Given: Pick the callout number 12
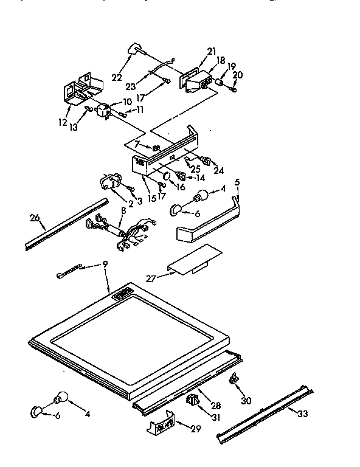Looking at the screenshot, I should point(63,122).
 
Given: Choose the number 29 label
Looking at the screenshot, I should point(195,429).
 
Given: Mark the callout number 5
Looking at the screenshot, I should point(237,182).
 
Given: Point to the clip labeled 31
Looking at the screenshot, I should point(194,400).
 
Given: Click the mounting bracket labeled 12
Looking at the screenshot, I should point(79,90).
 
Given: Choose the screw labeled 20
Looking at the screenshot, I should point(233,89).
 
